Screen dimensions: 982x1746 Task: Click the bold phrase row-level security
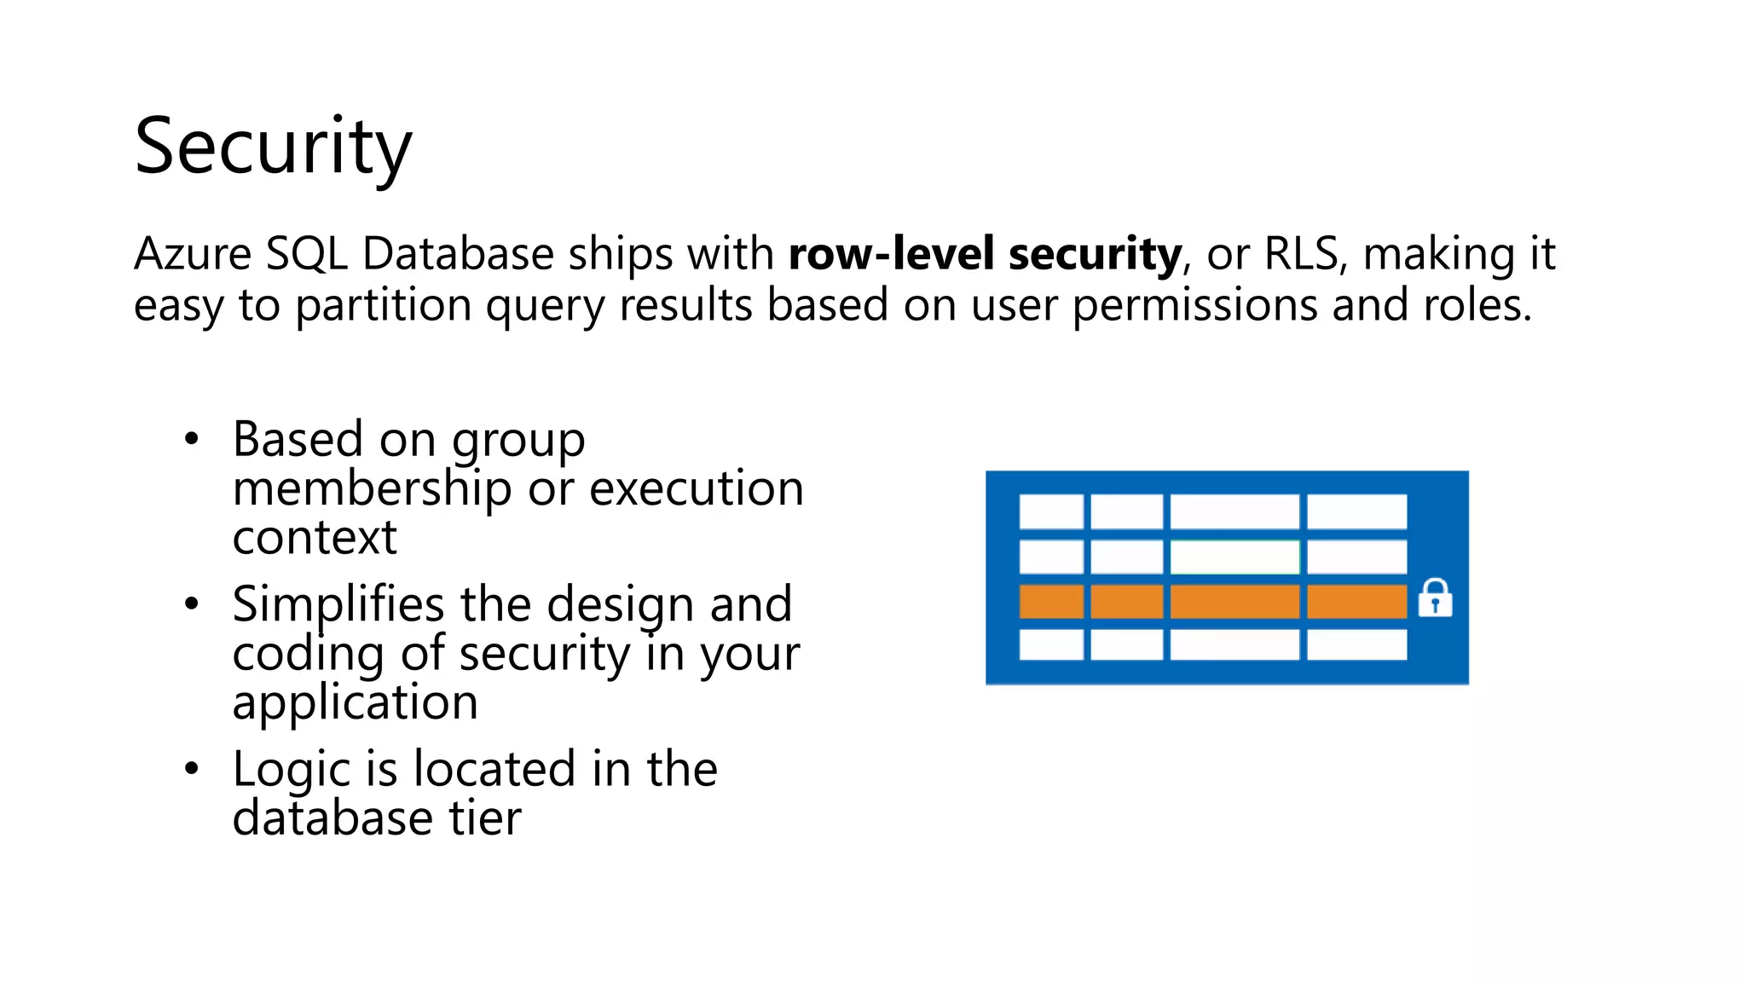[x=985, y=254]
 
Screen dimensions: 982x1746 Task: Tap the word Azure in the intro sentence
[x=193, y=254]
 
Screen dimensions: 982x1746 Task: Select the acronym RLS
[x=1302, y=254]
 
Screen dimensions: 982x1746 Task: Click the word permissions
[x=1194, y=305]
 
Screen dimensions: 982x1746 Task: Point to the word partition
[x=383, y=305]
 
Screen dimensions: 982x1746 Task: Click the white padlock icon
[x=1435, y=598]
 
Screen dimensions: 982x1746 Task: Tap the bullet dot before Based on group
[x=192, y=440]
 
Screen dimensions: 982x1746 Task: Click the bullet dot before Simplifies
[x=192, y=604]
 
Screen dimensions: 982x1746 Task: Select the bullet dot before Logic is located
[x=192, y=769]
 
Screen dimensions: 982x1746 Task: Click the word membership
[x=372, y=489]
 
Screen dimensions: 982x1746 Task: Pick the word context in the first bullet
[x=315, y=539]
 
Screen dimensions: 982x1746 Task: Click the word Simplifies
[x=338, y=604]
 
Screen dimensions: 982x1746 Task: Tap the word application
[x=355, y=703]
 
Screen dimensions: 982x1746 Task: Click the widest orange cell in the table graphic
[x=1234, y=602]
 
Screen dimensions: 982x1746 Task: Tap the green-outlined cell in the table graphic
[x=1234, y=557]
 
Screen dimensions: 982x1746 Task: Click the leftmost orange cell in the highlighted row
[x=1051, y=602]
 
